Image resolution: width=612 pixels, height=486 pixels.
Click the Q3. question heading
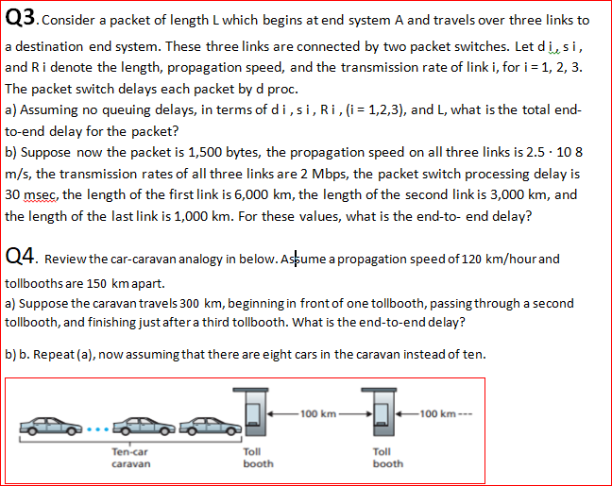pos(22,19)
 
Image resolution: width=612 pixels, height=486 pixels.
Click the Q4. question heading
pos(22,257)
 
